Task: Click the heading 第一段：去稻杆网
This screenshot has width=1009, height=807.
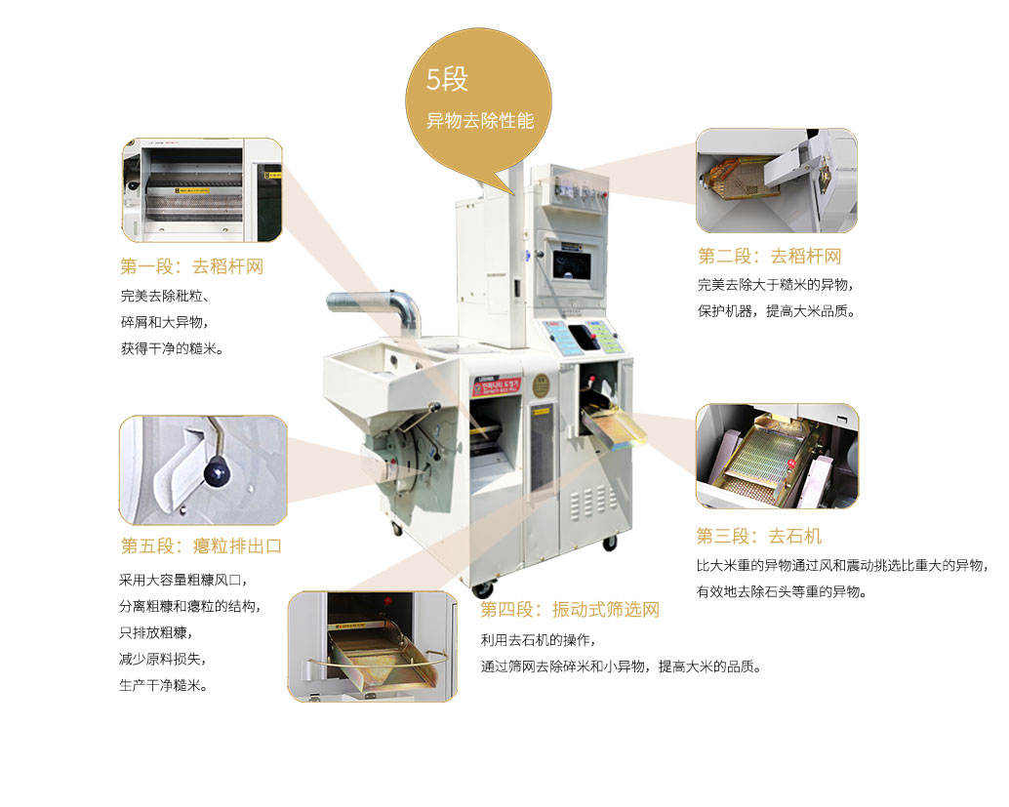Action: pyautogui.click(x=192, y=266)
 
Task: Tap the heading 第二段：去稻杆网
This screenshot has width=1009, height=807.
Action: pyautogui.click(x=770, y=256)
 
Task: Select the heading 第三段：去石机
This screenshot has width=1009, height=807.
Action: pyautogui.click(x=758, y=536)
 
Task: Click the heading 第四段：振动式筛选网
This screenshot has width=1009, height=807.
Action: pyautogui.click(x=570, y=610)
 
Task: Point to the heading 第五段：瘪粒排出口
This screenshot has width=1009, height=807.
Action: pyautogui.click(x=201, y=545)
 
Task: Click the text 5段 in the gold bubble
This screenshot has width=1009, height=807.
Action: pyautogui.click(x=447, y=80)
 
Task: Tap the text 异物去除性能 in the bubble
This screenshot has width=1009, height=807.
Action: pyautogui.click(x=480, y=120)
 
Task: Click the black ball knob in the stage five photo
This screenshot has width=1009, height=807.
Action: pyautogui.click(x=217, y=473)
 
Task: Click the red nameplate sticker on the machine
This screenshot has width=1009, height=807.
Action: pyautogui.click(x=496, y=386)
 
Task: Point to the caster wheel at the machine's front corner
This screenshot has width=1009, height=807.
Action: pyautogui.click(x=483, y=588)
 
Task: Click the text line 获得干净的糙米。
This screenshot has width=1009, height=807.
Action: pyautogui.click(x=172, y=348)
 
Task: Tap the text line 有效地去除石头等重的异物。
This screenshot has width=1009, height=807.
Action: pyautogui.click(x=782, y=591)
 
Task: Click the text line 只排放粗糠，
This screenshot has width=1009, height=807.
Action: pyautogui.click(x=156, y=632)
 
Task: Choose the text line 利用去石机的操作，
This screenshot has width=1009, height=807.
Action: pyautogui.click(x=538, y=640)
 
